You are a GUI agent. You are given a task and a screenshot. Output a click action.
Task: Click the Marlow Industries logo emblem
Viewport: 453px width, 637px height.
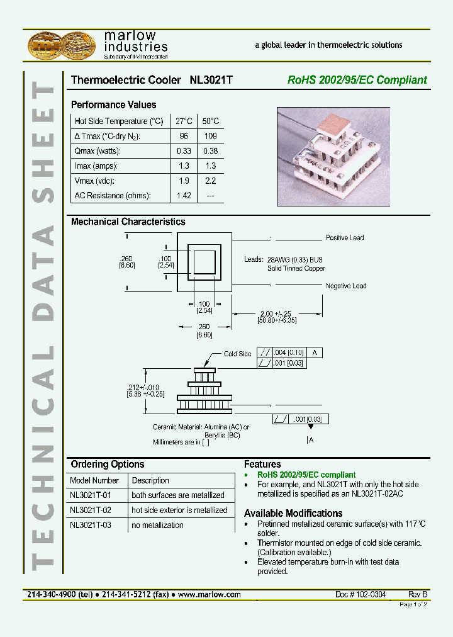point(62,45)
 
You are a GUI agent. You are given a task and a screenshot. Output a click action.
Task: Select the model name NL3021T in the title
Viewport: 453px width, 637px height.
point(211,80)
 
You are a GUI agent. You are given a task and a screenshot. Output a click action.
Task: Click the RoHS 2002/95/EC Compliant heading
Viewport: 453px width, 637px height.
point(357,80)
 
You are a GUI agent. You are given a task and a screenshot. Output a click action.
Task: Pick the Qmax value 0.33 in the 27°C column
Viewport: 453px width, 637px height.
point(184,150)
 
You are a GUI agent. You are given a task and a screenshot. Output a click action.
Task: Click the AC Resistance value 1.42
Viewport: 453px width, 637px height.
point(184,196)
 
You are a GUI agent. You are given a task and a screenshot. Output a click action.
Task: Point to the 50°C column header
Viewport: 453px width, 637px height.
point(210,121)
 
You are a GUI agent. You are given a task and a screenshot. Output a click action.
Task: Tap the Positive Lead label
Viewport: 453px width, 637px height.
point(344,238)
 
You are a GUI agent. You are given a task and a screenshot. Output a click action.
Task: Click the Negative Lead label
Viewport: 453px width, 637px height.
point(345,286)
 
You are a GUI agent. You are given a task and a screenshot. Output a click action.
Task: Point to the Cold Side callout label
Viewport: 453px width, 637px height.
point(237,354)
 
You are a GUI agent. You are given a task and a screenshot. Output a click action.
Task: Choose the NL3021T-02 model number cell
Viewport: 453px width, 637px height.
point(91,510)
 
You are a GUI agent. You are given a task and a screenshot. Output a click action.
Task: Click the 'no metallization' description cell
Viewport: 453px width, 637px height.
point(157,525)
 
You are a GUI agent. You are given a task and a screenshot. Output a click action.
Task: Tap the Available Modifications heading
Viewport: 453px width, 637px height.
point(293,513)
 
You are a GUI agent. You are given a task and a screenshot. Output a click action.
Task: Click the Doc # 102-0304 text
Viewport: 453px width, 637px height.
point(361,594)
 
